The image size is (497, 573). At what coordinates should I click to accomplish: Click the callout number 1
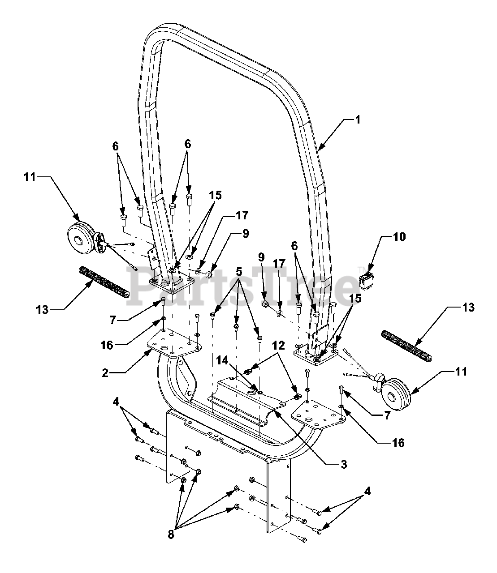pos(358,120)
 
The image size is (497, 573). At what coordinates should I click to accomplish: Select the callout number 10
pos(399,237)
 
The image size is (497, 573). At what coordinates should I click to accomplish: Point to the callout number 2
pos(105,372)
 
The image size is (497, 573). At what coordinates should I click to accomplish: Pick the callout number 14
pos(222,360)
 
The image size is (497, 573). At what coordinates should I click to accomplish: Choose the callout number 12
pos(278,346)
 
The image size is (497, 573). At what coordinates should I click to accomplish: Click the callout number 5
pos(239,271)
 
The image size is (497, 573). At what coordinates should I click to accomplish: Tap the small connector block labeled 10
pos(366,281)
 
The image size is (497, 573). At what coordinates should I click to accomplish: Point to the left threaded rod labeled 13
pos(104,282)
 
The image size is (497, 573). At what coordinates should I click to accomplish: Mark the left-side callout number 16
pos(107,345)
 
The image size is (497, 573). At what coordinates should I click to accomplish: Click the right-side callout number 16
pos(398,443)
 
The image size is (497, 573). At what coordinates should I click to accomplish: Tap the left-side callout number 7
pos(112,320)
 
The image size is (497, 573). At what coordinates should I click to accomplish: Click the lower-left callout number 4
pos(116,402)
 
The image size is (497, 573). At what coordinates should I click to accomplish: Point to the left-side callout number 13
pos(43,310)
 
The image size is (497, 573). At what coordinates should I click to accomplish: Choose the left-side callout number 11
pos(30,177)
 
